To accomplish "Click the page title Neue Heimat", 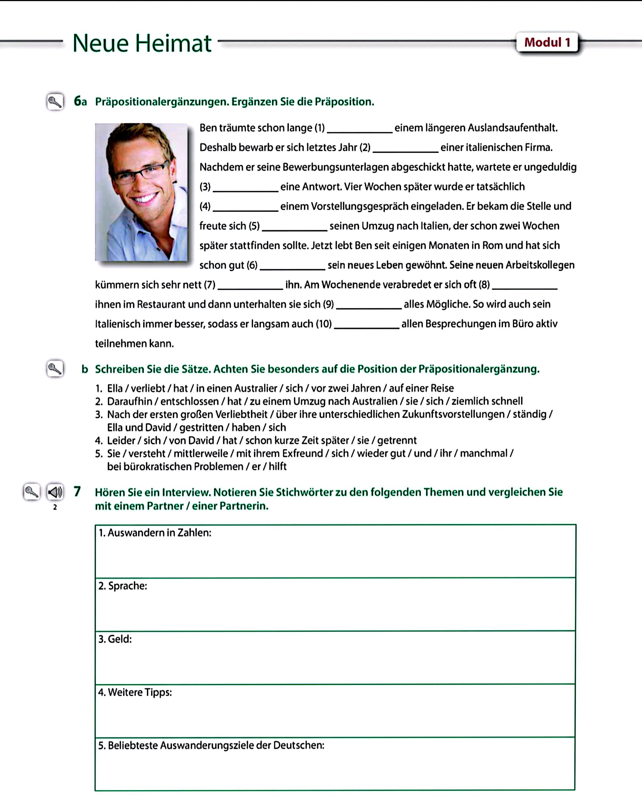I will click(x=142, y=43).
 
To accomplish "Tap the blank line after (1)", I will click(x=360, y=129).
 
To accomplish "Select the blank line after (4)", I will click(x=245, y=208).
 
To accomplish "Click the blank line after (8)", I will click(x=525, y=286).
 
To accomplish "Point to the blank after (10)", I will click(x=367, y=326).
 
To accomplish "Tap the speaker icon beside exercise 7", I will click(x=55, y=492).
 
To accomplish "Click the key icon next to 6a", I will click(x=55, y=102).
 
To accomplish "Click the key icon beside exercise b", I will click(x=55, y=369).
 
